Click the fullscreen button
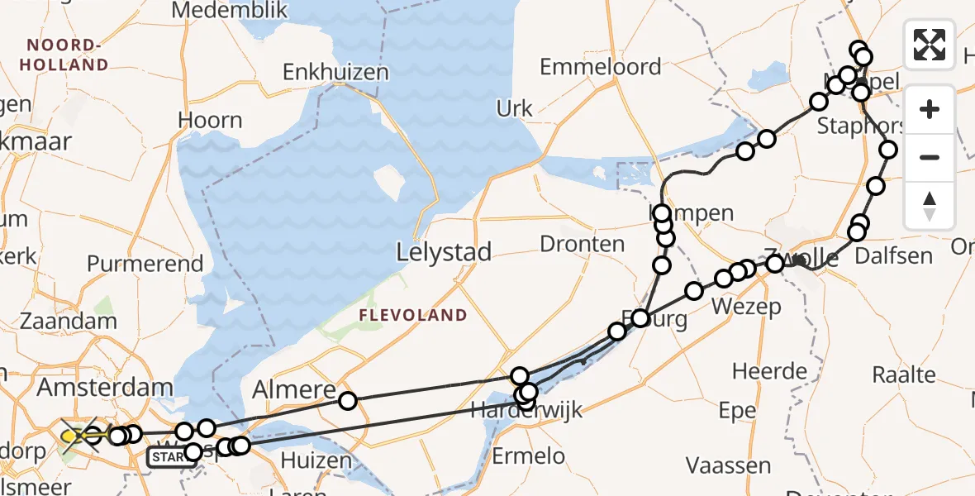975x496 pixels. (x=930, y=45)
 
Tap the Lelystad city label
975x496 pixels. (x=445, y=252)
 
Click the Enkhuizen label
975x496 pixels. (x=335, y=72)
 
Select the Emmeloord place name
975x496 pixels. (x=601, y=67)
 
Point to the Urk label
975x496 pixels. (x=515, y=107)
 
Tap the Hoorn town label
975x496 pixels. (x=210, y=120)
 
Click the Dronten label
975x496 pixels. (x=583, y=244)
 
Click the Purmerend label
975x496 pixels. (x=145, y=264)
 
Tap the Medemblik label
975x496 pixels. (x=229, y=11)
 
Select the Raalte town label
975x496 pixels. (x=904, y=374)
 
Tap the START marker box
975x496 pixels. (x=172, y=456)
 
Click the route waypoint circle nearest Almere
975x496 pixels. (x=348, y=401)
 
